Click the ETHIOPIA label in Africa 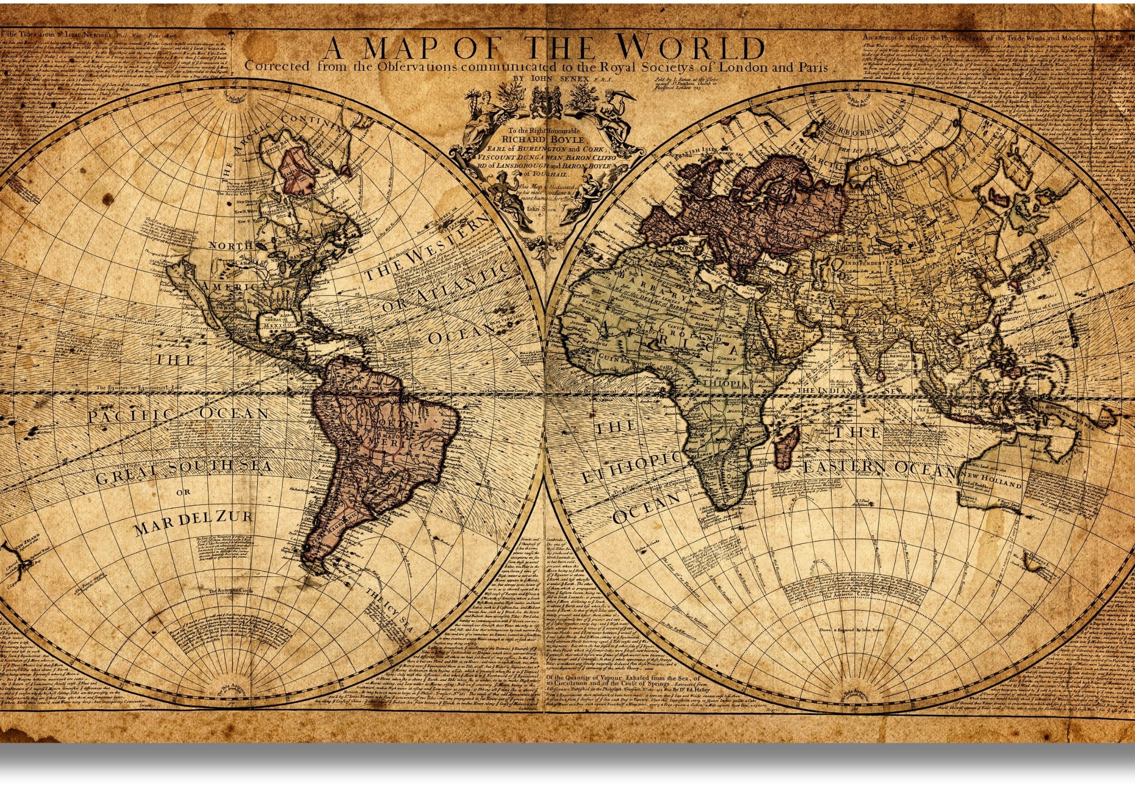click(721, 384)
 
